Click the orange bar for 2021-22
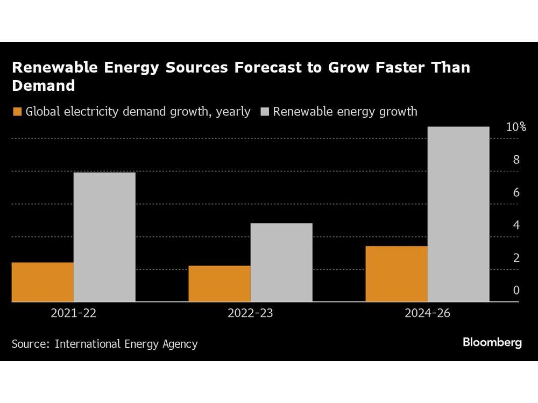click(x=43, y=282)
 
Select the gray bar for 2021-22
click(x=104, y=237)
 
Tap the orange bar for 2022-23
click(x=220, y=284)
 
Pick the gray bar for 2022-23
click(x=281, y=262)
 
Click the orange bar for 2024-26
click(x=397, y=274)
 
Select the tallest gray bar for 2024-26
click(x=458, y=214)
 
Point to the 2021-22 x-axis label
click(x=73, y=313)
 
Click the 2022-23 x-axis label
click(x=250, y=313)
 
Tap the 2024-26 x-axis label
click(x=427, y=313)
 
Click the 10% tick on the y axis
click(x=515, y=127)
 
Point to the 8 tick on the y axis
click(x=516, y=160)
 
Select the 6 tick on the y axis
click(x=516, y=192)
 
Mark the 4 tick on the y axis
click(x=516, y=225)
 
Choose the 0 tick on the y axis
click(x=516, y=291)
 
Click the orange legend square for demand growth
click(x=17, y=112)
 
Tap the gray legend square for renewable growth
click(x=264, y=112)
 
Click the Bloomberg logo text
click(x=492, y=343)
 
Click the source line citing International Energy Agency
click(x=104, y=344)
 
